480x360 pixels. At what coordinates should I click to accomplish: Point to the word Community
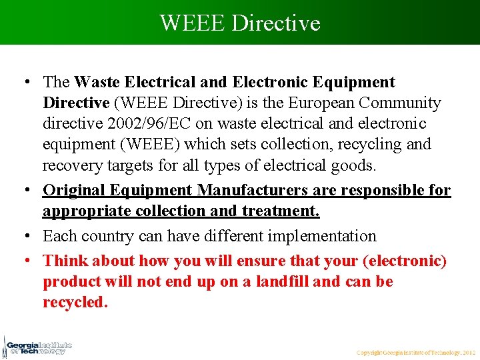(x=400, y=103)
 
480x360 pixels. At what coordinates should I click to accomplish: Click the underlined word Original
(x=72, y=191)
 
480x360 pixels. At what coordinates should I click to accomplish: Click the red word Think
(x=65, y=261)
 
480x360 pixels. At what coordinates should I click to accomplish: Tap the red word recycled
(x=75, y=302)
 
